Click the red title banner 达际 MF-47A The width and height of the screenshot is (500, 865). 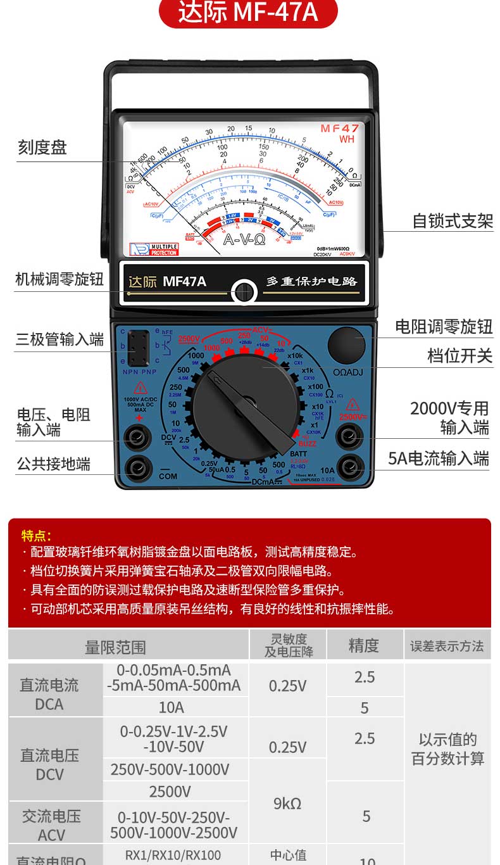pyautogui.click(x=248, y=13)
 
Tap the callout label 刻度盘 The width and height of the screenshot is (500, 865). pyautogui.click(x=42, y=148)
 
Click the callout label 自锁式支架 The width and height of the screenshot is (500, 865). pyautogui.click(x=452, y=221)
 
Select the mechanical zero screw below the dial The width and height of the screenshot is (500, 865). pyautogui.click(x=244, y=293)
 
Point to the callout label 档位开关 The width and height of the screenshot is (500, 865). pyautogui.click(x=459, y=356)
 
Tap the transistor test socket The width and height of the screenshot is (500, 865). pyautogui.click(x=139, y=348)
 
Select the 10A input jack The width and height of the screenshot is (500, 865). pyautogui.click(x=349, y=467)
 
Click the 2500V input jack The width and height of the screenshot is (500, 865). pyautogui.click(x=349, y=436)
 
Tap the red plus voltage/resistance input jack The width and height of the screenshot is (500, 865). pyautogui.click(x=137, y=436)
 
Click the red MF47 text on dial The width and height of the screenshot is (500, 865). pyautogui.click(x=340, y=129)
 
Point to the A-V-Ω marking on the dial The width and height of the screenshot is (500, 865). pyautogui.click(x=244, y=241)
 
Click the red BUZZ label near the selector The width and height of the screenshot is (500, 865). pyautogui.click(x=308, y=444)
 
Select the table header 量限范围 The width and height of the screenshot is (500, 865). pyautogui.click(x=115, y=647)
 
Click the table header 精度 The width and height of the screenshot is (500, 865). pyautogui.click(x=364, y=645)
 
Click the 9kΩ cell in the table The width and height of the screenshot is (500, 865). pyautogui.click(x=287, y=804)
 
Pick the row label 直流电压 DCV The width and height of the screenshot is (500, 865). pyautogui.click(x=50, y=764)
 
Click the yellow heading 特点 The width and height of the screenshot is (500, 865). pyautogui.click(x=36, y=536)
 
